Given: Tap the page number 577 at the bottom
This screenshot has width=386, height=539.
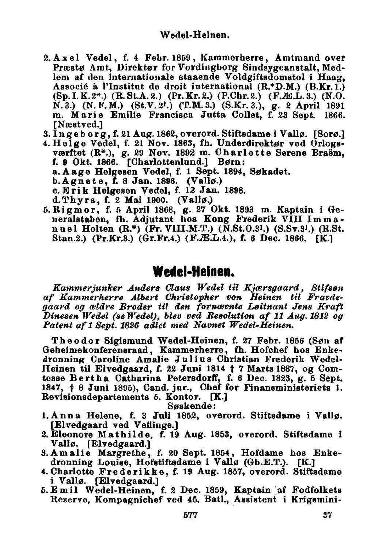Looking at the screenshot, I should point(190,515).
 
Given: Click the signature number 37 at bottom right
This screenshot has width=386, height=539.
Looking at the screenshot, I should point(328,515).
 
